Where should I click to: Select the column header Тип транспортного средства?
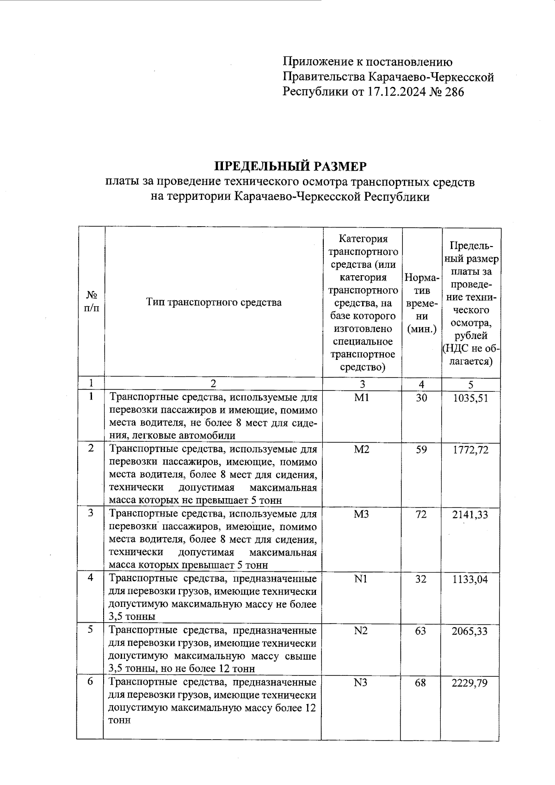coord(214,303)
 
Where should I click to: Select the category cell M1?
coord(361,398)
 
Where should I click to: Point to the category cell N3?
coord(361,683)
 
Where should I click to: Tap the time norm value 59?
coord(421,450)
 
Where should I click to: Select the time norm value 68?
coord(420,683)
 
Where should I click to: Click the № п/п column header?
coord(91,301)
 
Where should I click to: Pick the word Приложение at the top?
coord(313,62)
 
